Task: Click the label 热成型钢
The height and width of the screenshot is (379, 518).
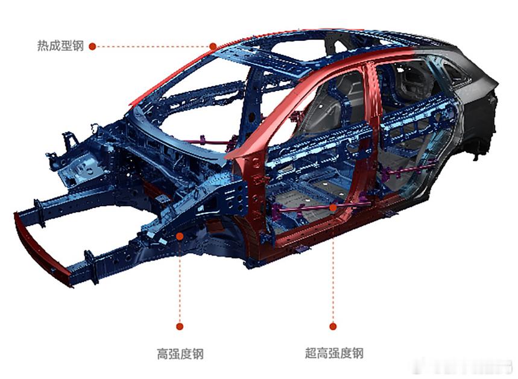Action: point(59,46)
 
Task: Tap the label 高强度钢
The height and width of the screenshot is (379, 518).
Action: point(180,354)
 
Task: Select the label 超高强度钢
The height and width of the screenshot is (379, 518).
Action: point(333,354)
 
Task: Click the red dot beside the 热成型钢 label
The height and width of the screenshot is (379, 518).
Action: point(92,46)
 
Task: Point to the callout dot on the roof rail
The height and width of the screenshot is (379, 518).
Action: point(213,46)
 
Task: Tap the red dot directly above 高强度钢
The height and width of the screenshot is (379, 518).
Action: point(180,326)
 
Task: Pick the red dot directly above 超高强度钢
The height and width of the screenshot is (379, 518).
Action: point(333,326)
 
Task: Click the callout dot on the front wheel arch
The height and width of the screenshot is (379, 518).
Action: point(180,237)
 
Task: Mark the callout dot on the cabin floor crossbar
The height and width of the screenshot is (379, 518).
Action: point(333,207)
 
